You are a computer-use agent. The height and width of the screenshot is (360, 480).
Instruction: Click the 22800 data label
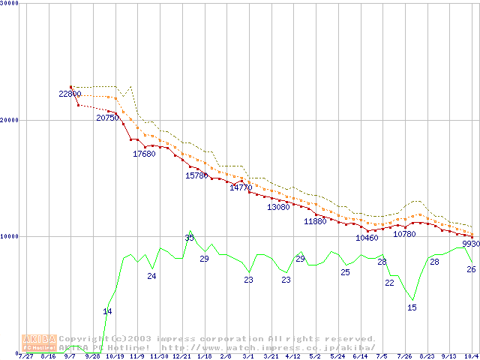click(70, 94)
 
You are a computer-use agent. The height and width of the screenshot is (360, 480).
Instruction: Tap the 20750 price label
click(107, 118)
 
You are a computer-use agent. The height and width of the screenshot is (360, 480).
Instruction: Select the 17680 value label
click(144, 154)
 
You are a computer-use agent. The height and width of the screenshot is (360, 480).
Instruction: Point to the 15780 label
click(196, 175)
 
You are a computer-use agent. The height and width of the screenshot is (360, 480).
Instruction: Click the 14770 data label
click(241, 187)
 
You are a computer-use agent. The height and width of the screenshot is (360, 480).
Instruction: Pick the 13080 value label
click(278, 207)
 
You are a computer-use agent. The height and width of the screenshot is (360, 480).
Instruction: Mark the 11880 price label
click(316, 221)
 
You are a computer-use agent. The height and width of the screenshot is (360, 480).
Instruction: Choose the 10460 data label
click(367, 238)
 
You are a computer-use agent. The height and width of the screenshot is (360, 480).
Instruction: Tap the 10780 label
click(404, 234)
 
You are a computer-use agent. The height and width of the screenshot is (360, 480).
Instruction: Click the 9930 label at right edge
click(471, 244)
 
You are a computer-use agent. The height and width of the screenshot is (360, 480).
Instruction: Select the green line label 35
click(189, 238)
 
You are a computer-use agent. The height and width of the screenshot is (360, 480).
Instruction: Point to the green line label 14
click(107, 311)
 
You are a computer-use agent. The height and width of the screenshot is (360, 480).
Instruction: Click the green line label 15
click(412, 307)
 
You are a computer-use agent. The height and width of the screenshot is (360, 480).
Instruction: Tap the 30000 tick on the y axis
click(9, 3)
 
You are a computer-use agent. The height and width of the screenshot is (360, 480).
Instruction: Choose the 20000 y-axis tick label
click(9, 120)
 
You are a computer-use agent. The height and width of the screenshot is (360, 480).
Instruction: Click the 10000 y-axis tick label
click(9, 236)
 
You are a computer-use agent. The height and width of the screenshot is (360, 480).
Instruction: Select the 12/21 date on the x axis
click(180, 356)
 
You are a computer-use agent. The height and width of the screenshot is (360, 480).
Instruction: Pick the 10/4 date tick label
click(472, 356)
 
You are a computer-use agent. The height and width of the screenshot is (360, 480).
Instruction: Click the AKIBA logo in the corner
click(39, 343)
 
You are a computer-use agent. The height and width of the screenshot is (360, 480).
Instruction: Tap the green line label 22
click(389, 283)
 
